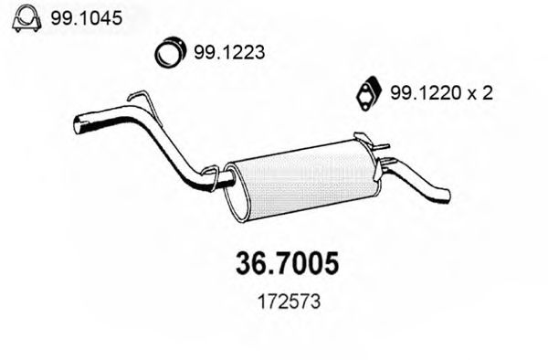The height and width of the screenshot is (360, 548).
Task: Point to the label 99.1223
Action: coord(228,53)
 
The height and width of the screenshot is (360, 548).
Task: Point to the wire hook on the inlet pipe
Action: coord(137,98)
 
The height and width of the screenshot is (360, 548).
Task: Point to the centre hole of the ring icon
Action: coord(168,53)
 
